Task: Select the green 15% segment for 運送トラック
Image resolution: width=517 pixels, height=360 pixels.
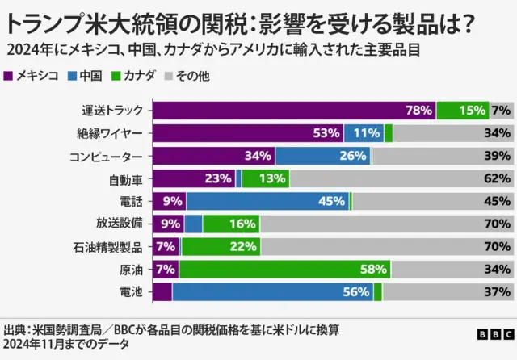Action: click(x=462, y=111)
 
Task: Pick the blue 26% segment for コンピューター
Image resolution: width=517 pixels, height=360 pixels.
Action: click(x=322, y=156)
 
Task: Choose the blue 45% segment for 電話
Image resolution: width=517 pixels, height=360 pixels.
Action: click(x=267, y=201)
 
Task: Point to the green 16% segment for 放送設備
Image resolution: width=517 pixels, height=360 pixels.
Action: click(x=231, y=224)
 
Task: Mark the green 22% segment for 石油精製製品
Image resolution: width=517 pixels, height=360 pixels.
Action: click(x=220, y=246)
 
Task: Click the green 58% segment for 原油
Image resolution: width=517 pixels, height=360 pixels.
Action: click(x=285, y=269)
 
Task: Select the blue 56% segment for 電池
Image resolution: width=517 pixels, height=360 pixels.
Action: click(x=272, y=291)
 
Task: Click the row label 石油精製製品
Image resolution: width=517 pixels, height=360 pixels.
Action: click(x=114, y=246)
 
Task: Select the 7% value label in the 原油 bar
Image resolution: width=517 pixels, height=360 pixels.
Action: click(x=165, y=269)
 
